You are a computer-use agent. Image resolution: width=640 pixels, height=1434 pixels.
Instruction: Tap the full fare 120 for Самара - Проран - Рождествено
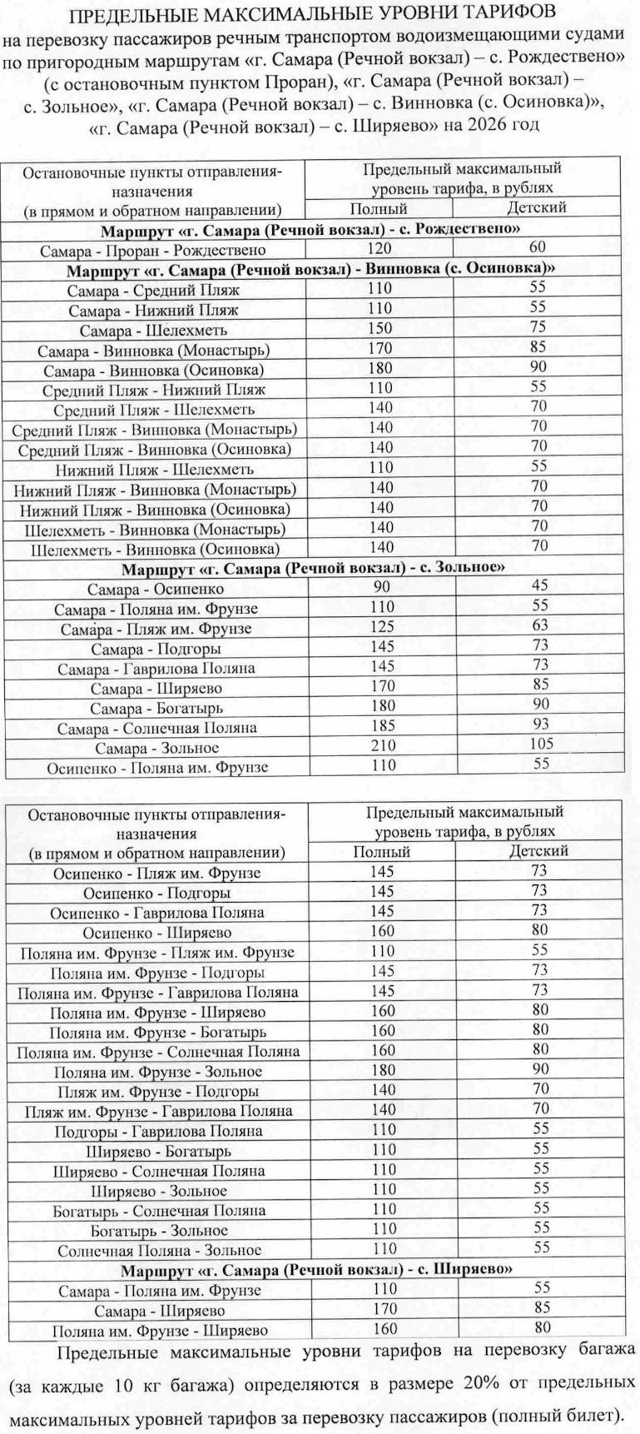[380, 248]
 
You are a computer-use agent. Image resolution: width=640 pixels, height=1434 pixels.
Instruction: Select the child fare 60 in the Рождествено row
[538, 247]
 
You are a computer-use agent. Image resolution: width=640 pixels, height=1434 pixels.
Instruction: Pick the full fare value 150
[380, 329]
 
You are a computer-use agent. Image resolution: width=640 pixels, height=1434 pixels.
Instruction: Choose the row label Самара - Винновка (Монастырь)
[153, 350]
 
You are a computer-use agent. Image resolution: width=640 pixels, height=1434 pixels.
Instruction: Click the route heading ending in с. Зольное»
[313, 569]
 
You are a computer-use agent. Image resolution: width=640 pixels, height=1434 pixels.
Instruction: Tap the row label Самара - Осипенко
[155, 590]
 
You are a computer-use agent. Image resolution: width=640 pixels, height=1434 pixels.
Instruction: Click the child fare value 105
[541, 744]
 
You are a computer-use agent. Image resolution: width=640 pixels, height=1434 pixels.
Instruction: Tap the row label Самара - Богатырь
[156, 708]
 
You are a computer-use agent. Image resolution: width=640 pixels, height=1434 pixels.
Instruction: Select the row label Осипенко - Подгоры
[156, 894]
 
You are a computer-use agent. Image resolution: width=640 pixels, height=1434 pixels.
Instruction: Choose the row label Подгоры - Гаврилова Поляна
[158, 1131]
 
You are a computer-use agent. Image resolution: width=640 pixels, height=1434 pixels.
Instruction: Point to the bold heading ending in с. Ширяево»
[315, 1270]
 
